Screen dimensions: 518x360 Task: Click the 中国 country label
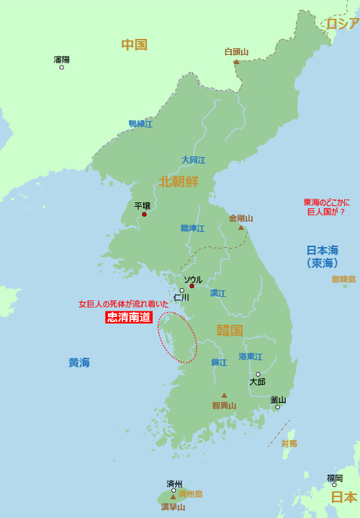coord(134,45)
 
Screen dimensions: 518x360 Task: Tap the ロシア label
coord(342,24)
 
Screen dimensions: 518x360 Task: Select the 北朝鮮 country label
coord(179,181)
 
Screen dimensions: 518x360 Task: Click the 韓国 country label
coord(230,331)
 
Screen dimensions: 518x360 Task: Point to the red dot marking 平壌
coord(145,214)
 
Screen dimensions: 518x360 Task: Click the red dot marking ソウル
coord(192,286)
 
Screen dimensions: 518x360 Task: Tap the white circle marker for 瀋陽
coord(61,67)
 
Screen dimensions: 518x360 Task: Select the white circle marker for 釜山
coord(277,407)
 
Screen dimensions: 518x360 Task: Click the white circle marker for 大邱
coord(257,375)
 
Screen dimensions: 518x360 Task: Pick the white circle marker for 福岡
coord(334,485)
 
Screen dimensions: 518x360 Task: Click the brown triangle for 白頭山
coord(236,61)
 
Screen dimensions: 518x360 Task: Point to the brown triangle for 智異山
coord(224,395)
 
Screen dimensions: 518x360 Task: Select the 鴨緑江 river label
coord(140,124)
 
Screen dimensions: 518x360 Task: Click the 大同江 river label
coord(193,160)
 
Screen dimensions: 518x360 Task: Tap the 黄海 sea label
coord(79,363)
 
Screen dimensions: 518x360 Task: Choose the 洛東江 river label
coord(251,357)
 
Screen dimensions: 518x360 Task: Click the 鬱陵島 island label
coord(343,279)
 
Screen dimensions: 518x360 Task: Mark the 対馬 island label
coord(289,444)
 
